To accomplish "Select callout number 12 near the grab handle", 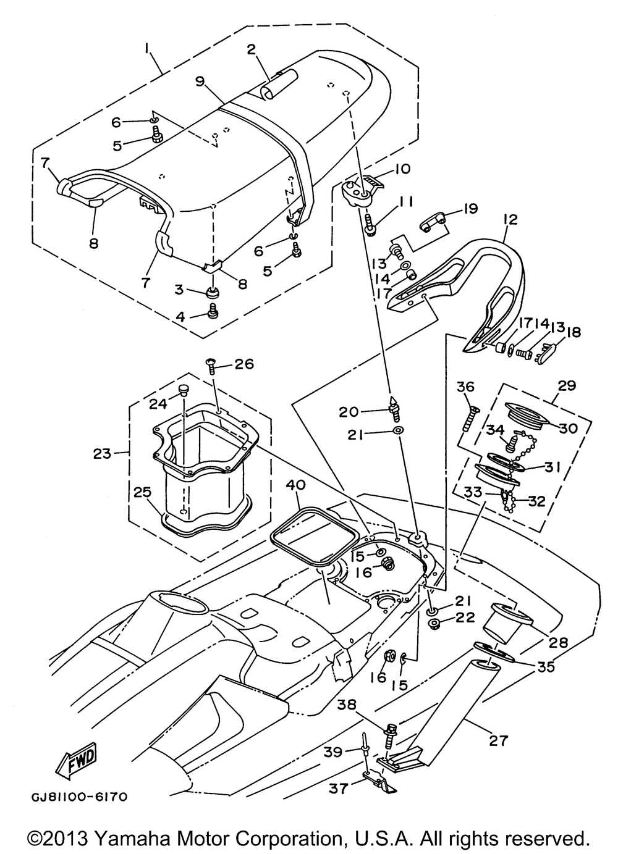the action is click(x=510, y=220).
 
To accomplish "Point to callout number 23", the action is click(x=102, y=453).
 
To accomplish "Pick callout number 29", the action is click(x=567, y=385).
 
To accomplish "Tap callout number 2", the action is click(x=251, y=50).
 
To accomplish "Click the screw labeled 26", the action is click(x=211, y=368).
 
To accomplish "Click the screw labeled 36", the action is click(x=471, y=419).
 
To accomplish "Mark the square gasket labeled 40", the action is click(x=313, y=537).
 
